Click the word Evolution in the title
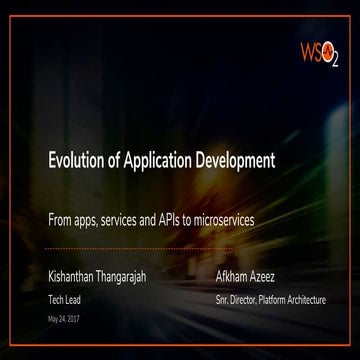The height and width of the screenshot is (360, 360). click(75, 159)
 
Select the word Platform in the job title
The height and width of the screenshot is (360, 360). click(277, 299)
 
